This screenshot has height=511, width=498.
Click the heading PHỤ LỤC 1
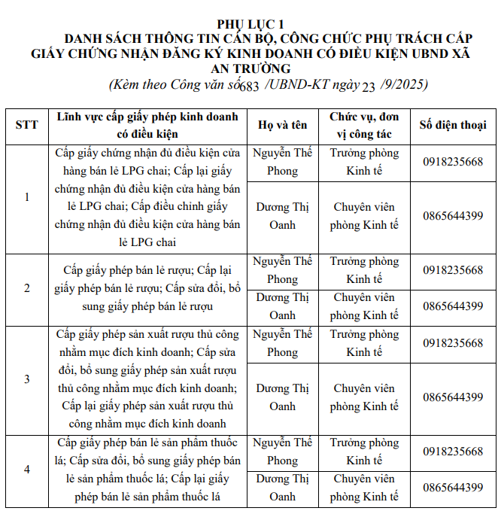[x=250, y=23]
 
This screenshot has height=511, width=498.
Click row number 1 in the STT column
[x=27, y=197]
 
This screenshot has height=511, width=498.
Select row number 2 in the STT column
[x=27, y=288]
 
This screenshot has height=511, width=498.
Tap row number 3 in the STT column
[x=27, y=379]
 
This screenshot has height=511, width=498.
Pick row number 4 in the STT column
[x=27, y=469]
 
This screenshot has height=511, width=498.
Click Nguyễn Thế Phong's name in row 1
[x=282, y=162]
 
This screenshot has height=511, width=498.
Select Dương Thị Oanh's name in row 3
[x=282, y=397]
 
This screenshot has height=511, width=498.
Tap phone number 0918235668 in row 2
[x=453, y=270]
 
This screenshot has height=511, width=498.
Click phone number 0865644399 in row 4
[x=453, y=488]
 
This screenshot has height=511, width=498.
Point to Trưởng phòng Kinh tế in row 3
[x=364, y=343]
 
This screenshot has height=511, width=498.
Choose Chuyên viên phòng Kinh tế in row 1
[x=364, y=216]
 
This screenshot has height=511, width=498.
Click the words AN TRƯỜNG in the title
[x=249, y=68]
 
